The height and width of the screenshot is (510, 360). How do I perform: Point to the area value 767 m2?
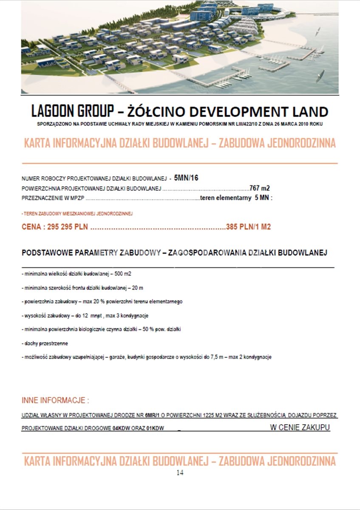click(260, 188)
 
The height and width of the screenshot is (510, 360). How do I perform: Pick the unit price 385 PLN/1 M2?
click(248, 227)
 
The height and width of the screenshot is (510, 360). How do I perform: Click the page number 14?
click(180, 473)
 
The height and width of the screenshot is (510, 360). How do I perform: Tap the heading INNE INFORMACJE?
click(55, 400)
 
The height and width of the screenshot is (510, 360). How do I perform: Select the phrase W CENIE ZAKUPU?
click(300, 427)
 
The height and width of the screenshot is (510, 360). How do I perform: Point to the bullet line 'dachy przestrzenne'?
click(45, 343)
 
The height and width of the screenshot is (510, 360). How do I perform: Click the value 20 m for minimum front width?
click(137, 288)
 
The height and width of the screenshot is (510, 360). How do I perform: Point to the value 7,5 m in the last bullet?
click(211, 357)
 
